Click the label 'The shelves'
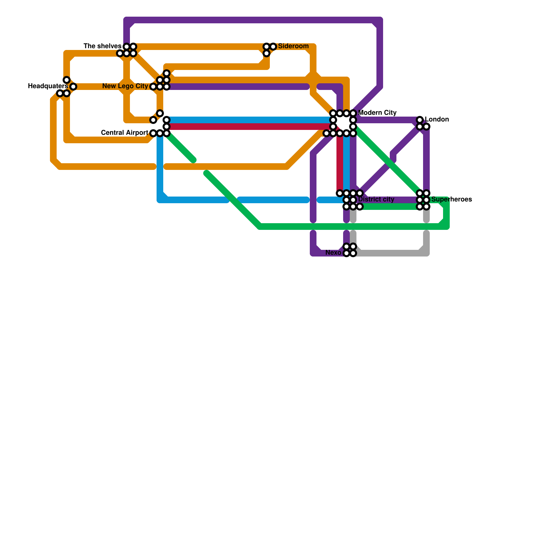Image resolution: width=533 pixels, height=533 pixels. (102, 46)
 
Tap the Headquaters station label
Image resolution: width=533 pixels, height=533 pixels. (48, 86)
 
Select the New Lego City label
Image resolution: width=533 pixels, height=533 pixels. (125, 86)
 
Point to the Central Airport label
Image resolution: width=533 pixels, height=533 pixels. (124, 133)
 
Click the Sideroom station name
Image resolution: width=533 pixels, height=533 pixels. (293, 46)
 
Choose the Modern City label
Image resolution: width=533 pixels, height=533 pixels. (377, 113)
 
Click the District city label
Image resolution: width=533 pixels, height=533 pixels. (376, 200)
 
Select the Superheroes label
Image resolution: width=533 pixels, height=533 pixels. (451, 200)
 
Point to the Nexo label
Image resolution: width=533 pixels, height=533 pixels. (333, 253)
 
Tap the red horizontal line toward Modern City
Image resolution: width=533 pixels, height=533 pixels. (250, 127)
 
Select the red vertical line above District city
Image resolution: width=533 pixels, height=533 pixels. (340, 163)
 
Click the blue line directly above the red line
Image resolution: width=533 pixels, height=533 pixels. (250, 120)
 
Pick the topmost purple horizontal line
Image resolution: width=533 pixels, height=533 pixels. (253, 20)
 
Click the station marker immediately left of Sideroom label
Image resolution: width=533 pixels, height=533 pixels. (273, 47)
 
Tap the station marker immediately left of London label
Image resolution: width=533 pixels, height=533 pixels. (420, 120)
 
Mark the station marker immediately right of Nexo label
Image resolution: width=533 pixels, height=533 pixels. (346, 253)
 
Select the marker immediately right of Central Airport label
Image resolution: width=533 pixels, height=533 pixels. (153, 133)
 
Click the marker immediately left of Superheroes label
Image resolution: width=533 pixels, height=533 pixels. (426, 200)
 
